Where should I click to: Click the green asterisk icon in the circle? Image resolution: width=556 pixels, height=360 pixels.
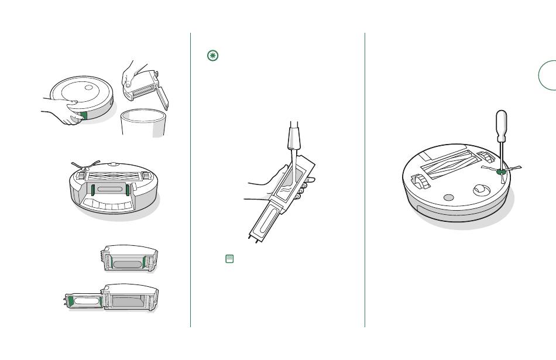pos(212,56)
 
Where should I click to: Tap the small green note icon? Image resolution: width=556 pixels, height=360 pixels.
pos(229,258)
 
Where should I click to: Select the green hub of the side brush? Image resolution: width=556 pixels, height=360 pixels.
pos(501,172)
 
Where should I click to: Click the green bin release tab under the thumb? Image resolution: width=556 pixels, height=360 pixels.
pos(83,115)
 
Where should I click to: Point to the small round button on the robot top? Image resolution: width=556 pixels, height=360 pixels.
pos(89,88)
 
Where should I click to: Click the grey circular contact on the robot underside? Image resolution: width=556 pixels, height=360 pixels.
pos(448,198)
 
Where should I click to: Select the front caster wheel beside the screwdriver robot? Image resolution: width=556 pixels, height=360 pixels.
pos(481,190)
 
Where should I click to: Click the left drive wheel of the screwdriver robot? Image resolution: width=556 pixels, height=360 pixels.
pos(420,181)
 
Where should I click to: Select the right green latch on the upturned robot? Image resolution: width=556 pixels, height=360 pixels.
pos(127,190)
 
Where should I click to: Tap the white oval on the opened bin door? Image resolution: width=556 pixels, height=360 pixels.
pos(85,301)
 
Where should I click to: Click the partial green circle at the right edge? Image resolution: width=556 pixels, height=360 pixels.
pos(548,76)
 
